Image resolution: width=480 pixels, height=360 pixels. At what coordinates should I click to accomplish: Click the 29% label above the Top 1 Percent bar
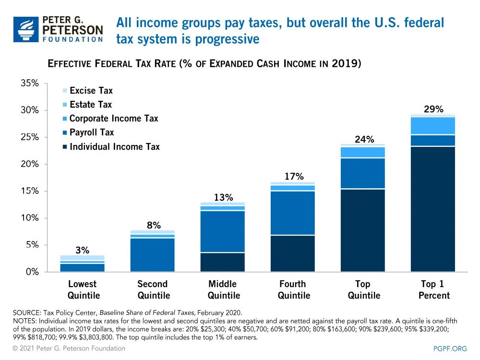pos(433,109)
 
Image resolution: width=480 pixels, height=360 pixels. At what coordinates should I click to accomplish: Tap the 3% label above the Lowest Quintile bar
pos(82,250)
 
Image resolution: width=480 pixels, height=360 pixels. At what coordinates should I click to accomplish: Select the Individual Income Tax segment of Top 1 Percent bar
pos(433,209)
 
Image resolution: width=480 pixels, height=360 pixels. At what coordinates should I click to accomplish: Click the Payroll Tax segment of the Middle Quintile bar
pos(223,231)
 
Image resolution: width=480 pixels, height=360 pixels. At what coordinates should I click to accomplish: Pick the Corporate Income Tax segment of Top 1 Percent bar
pos(433,126)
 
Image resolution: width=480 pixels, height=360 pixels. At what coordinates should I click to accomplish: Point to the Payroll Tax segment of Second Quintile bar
pos(152,255)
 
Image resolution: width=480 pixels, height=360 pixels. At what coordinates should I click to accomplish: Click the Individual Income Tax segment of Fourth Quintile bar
pos(293,253)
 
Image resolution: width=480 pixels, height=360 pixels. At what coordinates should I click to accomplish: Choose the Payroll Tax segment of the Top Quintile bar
pos(363,173)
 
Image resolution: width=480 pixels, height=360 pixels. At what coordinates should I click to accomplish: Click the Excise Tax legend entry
pos(91,91)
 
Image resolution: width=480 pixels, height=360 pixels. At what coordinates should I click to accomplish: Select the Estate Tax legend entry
pos(90,105)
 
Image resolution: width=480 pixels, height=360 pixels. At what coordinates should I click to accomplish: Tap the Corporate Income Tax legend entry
pos(113,119)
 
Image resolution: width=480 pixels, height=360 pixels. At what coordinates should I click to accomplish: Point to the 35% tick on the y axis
pos(30,84)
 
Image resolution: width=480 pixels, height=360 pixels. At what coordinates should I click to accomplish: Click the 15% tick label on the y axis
pos(30,191)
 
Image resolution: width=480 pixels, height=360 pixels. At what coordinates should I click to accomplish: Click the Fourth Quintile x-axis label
pos(293,289)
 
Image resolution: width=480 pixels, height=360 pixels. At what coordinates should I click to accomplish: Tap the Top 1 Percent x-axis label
pos(433,289)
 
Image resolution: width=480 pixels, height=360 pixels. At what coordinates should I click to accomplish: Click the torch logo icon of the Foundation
pos(26,29)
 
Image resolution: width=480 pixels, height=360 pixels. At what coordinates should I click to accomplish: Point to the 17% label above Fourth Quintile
pos(294,177)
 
